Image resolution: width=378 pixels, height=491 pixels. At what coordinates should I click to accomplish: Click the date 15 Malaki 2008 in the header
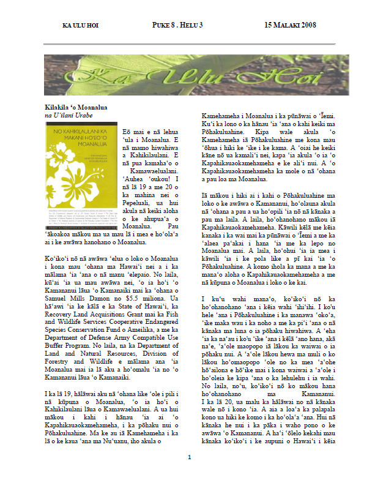click(x=290, y=26)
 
